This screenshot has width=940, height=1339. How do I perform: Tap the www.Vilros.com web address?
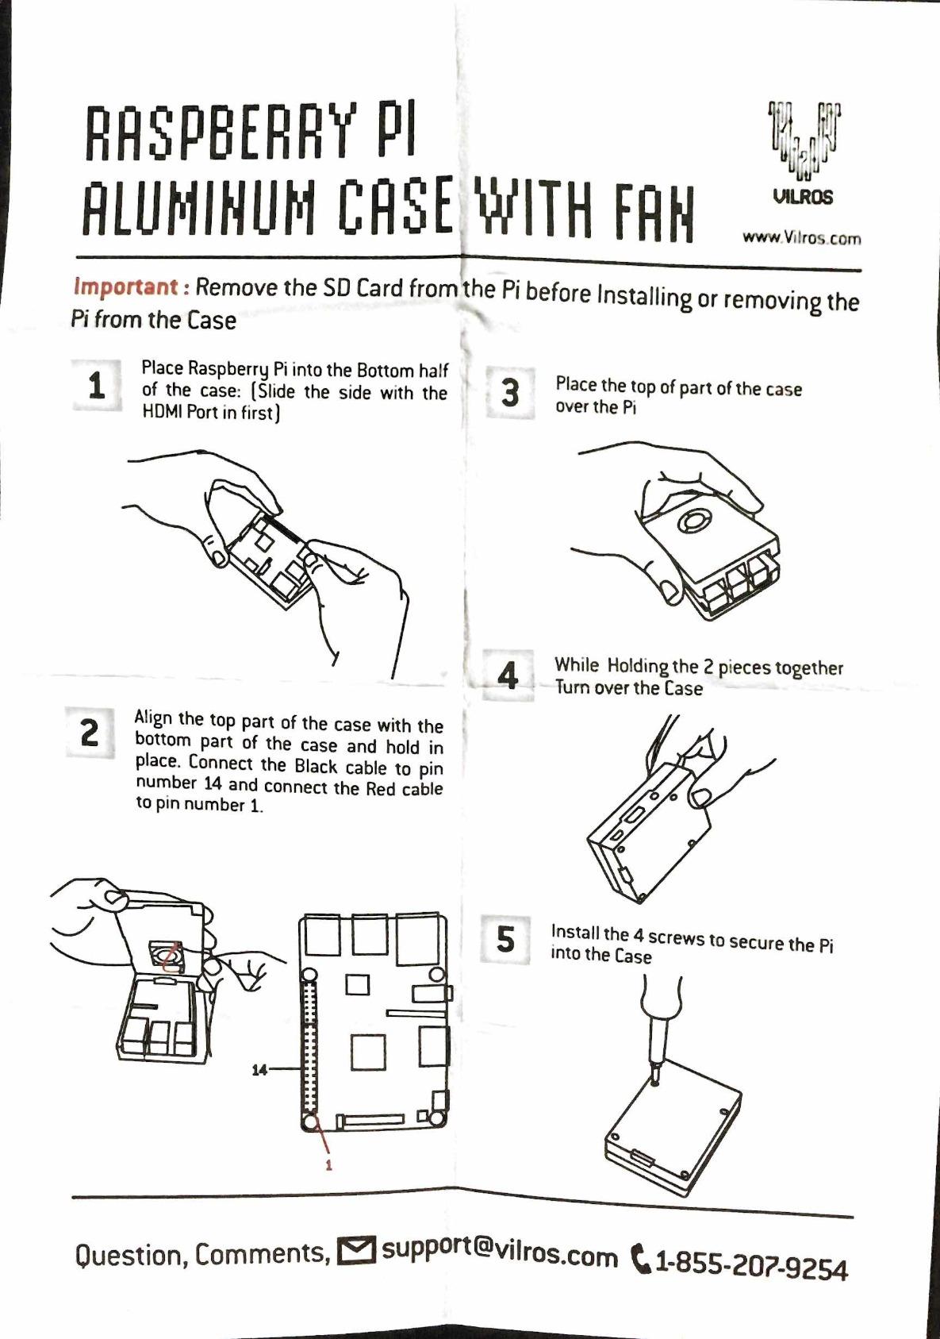point(801,237)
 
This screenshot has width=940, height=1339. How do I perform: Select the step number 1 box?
point(97,386)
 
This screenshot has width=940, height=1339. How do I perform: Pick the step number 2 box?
point(90,733)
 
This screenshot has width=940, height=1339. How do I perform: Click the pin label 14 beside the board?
point(259,1070)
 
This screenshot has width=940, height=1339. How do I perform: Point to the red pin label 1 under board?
point(328,1165)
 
